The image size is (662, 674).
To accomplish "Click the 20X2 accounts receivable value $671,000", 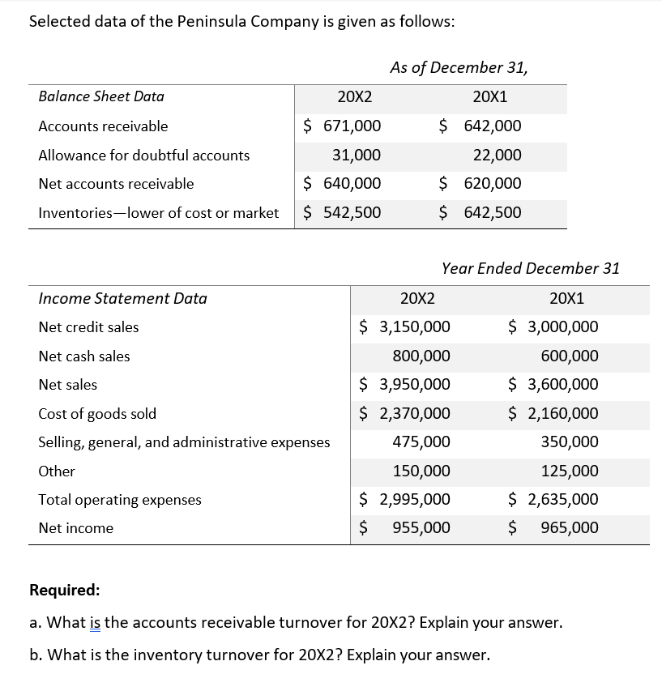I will click(343, 126).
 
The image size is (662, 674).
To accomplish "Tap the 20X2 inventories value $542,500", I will click(343, 212).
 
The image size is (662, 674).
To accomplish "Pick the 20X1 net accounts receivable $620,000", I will click(481, 183).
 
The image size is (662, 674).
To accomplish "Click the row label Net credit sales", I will click(88, 327).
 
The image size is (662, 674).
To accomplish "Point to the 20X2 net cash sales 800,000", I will click(421, 356).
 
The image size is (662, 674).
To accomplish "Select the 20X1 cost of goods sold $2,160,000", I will click(553, 413).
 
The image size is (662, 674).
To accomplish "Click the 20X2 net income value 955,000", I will click(421, 527).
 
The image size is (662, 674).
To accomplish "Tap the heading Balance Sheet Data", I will click(101, 96).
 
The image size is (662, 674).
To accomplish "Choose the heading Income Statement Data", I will click(122, 298).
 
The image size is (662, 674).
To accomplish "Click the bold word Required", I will click(65, 589).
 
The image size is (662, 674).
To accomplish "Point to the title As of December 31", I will click(459, 67).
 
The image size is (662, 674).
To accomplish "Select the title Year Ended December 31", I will click(531, 268).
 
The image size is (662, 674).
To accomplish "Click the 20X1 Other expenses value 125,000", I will click(569, 471).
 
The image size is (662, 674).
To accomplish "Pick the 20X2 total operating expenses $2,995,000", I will click(405, 499).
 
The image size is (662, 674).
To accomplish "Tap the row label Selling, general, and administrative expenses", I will click(184, 442).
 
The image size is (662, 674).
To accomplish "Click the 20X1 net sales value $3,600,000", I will click(553, 384).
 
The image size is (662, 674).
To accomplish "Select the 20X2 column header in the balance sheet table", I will click(354, 96).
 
